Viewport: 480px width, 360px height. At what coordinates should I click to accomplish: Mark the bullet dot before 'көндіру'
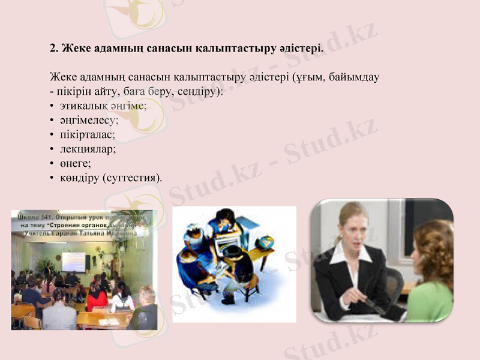coord(53,178)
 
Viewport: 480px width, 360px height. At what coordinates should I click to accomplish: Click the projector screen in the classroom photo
coord(73,261)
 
